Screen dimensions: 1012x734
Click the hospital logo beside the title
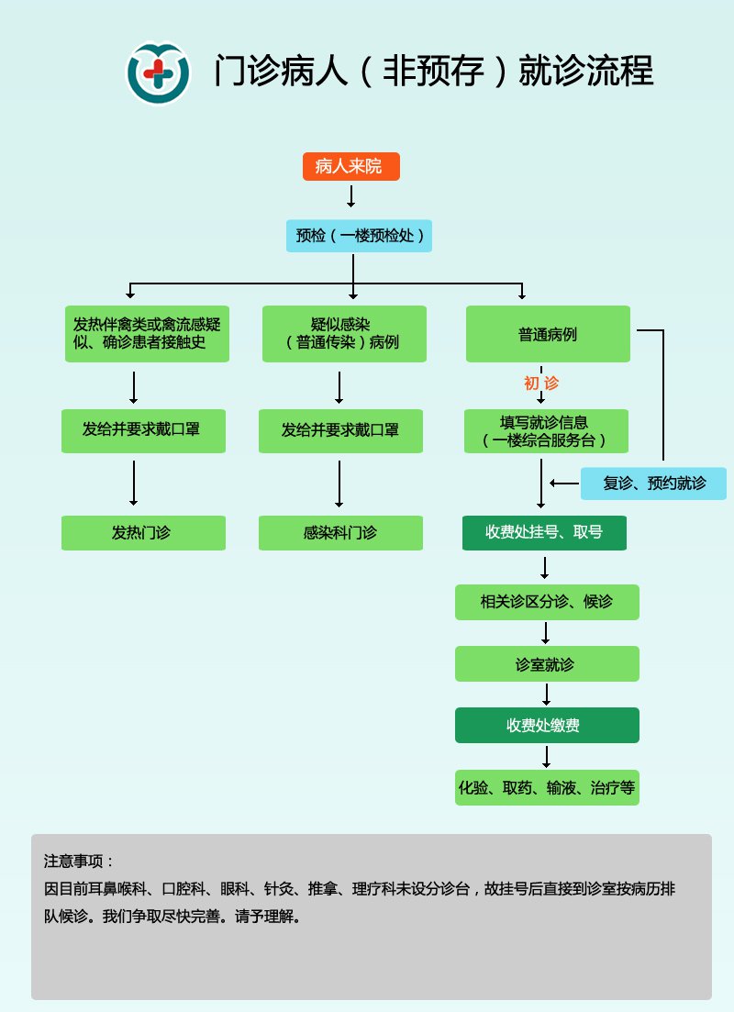158,72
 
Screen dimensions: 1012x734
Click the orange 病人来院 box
350,166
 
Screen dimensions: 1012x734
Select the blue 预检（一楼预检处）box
359,236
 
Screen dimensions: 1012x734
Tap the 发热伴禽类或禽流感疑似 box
147,334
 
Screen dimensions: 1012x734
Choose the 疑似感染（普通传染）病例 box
344,334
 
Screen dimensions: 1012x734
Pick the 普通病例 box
548,334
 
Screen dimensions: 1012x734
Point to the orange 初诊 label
541,384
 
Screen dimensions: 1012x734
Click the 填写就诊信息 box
546,431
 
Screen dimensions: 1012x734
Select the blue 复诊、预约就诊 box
653,484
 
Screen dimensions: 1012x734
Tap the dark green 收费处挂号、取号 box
544,532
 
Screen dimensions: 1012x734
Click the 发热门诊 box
143,533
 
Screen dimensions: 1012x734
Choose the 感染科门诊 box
340,533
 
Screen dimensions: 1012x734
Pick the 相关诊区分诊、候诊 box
547,602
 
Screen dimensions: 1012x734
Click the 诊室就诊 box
547,664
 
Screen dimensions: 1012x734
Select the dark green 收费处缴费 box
547,725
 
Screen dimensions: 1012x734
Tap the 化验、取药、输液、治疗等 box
547,788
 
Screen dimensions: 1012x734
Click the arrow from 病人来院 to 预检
350,195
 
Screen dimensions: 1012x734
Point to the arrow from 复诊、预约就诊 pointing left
563,483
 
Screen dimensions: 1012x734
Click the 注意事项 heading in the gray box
79,862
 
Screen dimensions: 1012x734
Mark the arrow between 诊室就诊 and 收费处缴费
547,694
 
